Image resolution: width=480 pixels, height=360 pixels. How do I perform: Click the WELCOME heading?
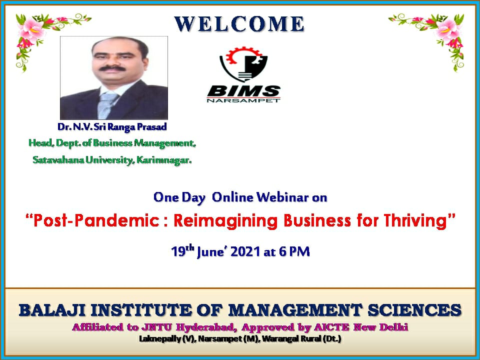tap(239, 24)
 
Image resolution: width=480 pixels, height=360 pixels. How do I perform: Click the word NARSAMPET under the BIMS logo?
tap(243, 100)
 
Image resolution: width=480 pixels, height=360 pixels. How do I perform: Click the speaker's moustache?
tap(112, 68)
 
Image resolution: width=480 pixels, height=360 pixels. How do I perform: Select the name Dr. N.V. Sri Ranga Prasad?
tap(112, 127)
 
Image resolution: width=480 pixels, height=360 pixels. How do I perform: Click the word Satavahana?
tap(58, 160)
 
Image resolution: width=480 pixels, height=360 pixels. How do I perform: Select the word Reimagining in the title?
tap(225, 221)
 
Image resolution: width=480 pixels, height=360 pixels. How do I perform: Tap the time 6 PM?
tap(294, 251)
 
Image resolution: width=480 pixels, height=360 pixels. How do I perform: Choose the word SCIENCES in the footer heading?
tap(414, 310)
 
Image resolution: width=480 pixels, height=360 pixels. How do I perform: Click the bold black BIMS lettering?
tap(243, 91)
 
